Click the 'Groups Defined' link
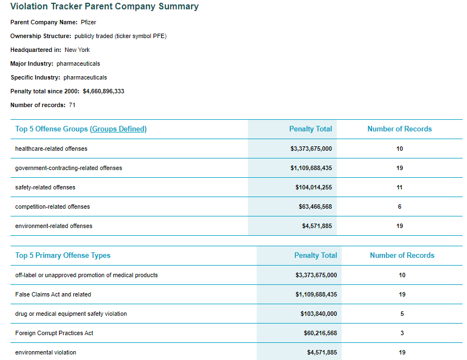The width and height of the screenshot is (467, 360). tap(118, 129)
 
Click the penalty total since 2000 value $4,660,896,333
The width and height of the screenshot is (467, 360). tap(103, 91)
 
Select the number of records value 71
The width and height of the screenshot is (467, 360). tap(72, 105)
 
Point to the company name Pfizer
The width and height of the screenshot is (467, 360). tap(88, 22)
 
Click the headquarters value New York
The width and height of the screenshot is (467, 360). tap(77, 50)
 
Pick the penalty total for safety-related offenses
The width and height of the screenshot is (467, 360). tap(314, 187)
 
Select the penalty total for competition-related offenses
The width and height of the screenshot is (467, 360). tap(315, 207)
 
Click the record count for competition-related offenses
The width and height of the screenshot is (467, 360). tap(400, 207)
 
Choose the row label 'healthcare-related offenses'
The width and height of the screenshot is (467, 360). tap(51, 149)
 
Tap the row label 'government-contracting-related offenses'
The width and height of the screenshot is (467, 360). tap(68, 168)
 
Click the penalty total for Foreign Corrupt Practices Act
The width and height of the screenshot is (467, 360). tap(321, 333)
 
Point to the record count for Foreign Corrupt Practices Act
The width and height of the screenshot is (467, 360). tap(402, 333)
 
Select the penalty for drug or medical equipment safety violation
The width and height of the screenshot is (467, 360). tap(319, 314)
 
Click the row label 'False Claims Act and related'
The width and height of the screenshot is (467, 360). tap(53, 294)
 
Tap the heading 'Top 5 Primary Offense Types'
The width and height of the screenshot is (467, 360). tap(63, 256)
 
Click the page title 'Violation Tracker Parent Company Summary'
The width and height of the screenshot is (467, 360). tap(104, 7)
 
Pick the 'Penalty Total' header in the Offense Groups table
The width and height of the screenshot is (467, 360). tap(311, 129)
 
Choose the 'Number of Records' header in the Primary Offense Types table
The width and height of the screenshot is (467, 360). tap(402, 256)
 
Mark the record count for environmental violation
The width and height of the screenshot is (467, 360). tap(402, 353)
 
